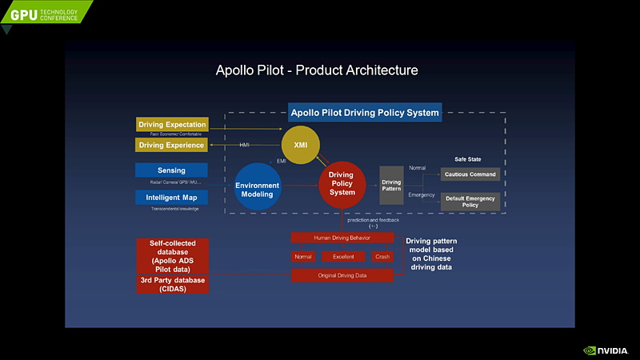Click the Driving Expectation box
[172, 125]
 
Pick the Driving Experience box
[172, 145]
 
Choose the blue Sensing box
[171, 170]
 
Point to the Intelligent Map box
[171, 198]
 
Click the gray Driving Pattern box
[391, 186]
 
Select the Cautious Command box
[470, 174]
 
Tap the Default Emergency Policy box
[470, 201]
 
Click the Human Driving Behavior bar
[342, 238]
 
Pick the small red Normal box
[302, 257]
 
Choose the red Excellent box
[343, 257]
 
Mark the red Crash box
[382, 257]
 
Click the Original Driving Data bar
[342, 275]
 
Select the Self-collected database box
[173, 255]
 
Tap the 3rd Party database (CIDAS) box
[173, 285]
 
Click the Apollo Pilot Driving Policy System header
[365, 113]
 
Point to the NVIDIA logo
[607, 350]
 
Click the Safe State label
[468, 159]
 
